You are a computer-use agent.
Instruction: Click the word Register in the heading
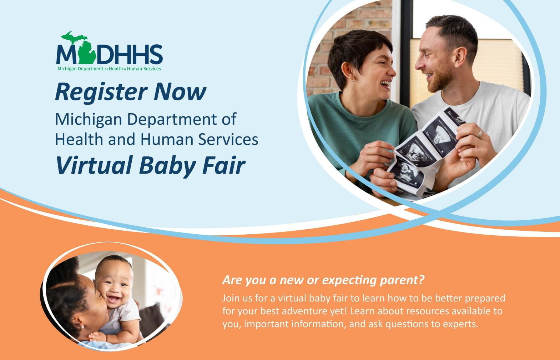(101, 92)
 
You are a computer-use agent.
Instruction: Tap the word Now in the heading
(180, 91)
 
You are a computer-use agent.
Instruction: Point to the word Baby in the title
(167, 166)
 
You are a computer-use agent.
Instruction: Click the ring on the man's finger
(479, 134)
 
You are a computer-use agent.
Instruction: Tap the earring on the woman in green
(353, 80)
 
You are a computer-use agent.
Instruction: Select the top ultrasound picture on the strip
(441, 134)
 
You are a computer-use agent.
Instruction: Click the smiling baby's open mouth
(114, 299)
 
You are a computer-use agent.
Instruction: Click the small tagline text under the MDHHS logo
(109, 69)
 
